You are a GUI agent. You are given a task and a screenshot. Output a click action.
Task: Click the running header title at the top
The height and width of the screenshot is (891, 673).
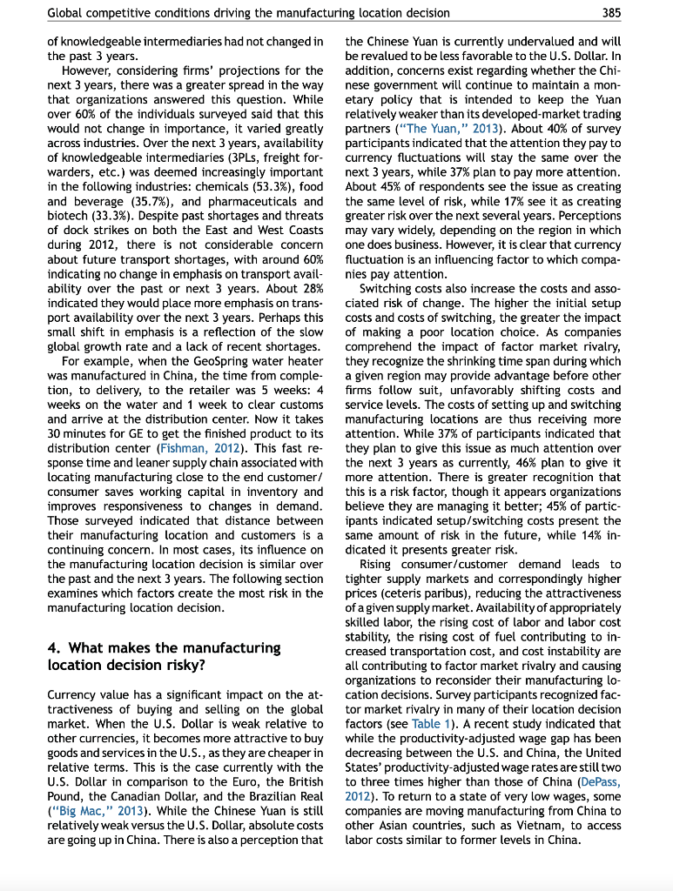pyautogui.click(x=248, y=12)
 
